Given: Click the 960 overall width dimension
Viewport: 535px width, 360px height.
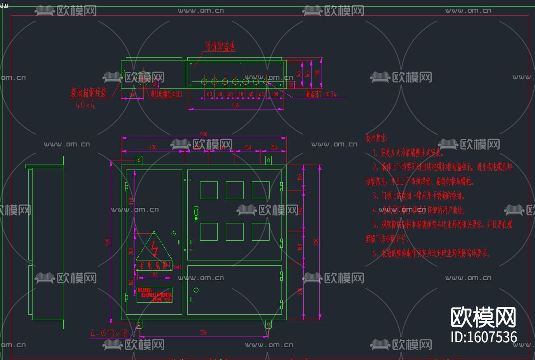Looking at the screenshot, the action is pos(204,135).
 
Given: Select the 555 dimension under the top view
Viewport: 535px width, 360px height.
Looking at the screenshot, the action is pos(235,105).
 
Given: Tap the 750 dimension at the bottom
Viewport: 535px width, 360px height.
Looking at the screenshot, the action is pos(204,333).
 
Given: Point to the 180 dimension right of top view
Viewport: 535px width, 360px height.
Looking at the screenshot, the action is pos(317,73).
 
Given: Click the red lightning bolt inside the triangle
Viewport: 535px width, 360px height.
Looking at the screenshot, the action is pos(155,248).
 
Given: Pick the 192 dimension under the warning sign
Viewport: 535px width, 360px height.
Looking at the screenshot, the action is pos(154,274).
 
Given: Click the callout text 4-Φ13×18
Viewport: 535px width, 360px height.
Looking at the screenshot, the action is pos(109,333).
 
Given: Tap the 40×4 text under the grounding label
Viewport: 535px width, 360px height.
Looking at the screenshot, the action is pos(85,105).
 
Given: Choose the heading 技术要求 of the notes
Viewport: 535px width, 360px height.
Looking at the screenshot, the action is pos(377,139).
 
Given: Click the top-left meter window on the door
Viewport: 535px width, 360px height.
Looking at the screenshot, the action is pos(209,190).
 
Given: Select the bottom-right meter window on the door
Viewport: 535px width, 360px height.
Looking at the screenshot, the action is pos(261,232).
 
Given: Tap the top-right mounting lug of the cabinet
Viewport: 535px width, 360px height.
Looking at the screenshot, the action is pos(268,160).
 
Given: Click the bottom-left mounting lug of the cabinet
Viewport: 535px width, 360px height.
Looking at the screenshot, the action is pos(139,324).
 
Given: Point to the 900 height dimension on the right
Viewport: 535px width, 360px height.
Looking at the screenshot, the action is pos(316,243).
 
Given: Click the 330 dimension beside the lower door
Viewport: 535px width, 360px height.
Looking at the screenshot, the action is pos(300,291).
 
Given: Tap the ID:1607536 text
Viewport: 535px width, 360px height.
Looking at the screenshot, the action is pos(484,337).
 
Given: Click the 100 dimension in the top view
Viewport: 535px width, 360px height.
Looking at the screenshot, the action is pos(275,95).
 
